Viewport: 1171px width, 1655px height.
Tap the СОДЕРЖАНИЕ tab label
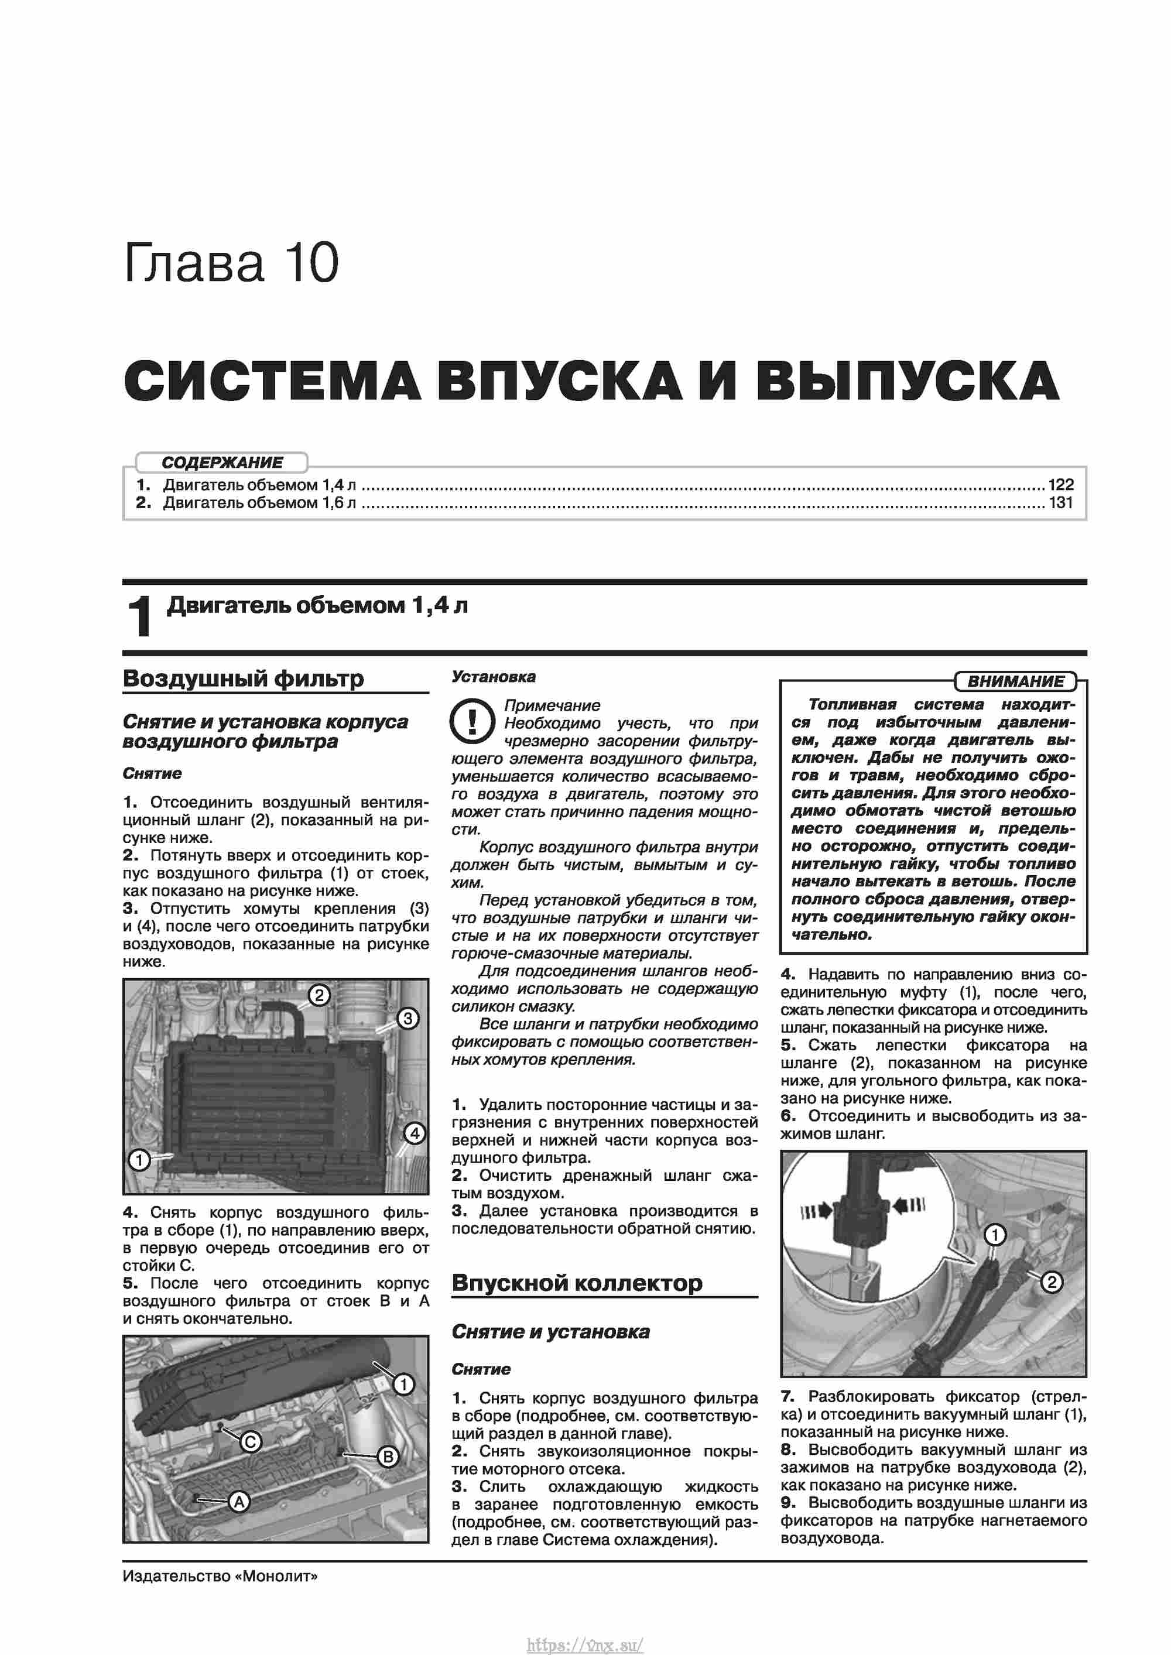coord(222,462)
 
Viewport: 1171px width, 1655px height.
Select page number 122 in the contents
coord(1061,484)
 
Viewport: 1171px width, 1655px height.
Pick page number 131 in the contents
coord(1061,502)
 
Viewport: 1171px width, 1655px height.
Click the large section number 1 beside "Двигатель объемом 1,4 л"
coord(139,617)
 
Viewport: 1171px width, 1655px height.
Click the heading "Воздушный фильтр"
coord(243,679)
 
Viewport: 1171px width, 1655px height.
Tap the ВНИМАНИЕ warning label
coord(1015,681)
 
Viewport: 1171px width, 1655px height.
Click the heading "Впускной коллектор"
coord(577,1283)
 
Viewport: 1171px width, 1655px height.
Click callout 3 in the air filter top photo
coord(408,1019)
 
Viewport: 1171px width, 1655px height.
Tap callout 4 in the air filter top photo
coord(414,1133)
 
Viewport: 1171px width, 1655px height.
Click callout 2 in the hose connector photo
coord(1052,1282)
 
